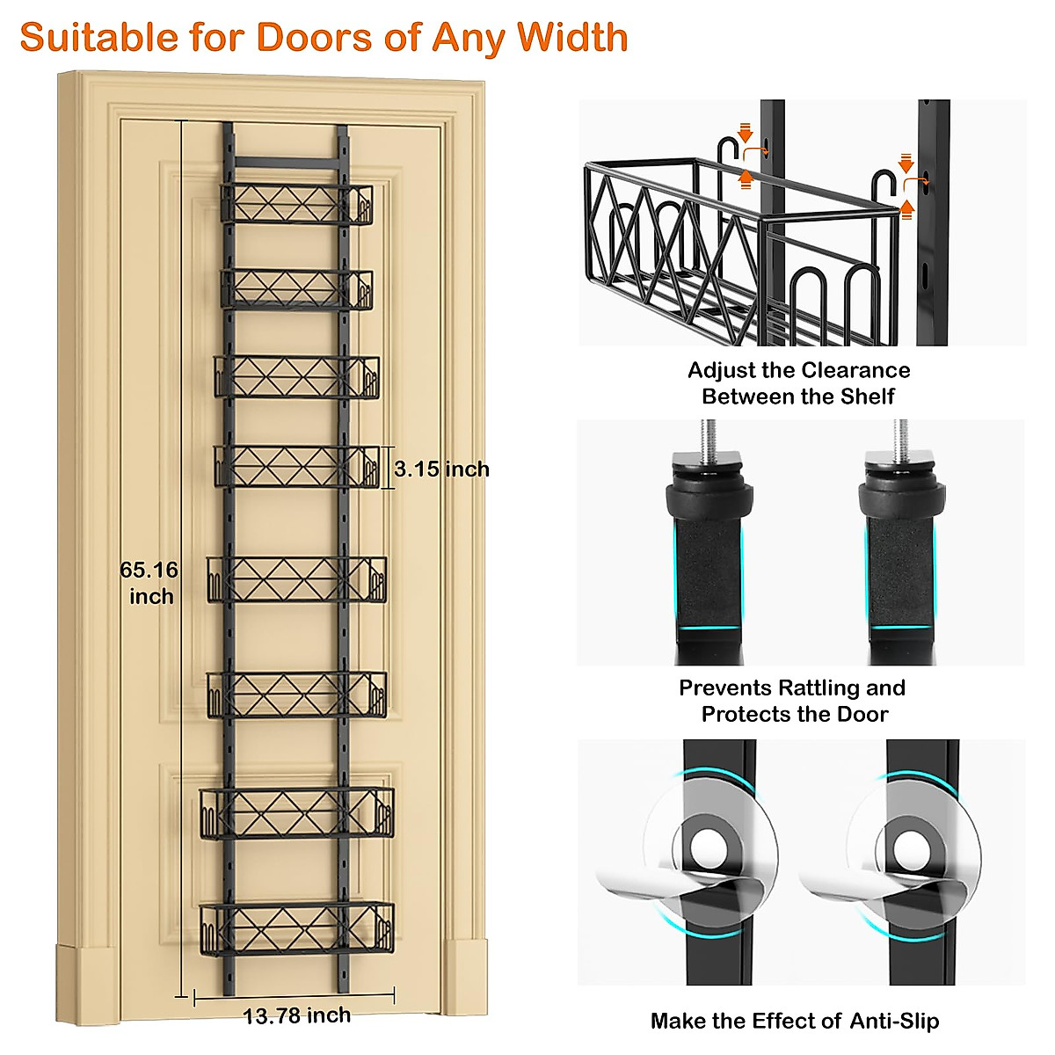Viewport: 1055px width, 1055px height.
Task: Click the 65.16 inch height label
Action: tap(149, 583)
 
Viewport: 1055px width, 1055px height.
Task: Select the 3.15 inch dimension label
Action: tap(441, 469)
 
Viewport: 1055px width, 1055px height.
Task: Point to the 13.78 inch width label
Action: tap(296, 1015)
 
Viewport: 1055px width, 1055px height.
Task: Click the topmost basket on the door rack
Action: tap(296, 204)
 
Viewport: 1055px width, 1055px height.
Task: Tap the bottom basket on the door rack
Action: tap(296, 928)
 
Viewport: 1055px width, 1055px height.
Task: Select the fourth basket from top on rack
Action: tap(296, 466)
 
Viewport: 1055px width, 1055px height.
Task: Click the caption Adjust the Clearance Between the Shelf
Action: tap(798, 383)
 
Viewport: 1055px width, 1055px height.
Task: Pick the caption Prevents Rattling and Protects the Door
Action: tap(793, 701)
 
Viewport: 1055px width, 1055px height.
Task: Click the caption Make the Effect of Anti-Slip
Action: tap(795, 1021)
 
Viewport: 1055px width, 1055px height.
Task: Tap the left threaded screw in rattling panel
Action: tap(709, 435)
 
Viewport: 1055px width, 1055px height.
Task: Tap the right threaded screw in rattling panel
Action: tap(901, 435)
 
